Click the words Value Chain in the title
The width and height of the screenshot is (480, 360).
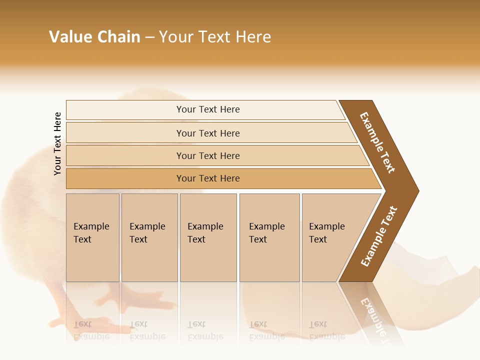click(x=94, y=37)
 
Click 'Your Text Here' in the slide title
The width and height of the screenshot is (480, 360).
click(x=215, y=37)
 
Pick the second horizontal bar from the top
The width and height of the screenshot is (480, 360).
click(x=207, y=133)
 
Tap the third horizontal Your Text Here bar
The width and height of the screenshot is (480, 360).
click(x=207, y=155)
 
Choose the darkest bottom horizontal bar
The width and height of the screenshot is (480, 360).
click(x=207, y=178)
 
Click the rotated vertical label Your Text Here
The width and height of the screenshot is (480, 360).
click(x=57, y=143)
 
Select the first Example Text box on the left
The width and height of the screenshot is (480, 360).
click(x=92, y=237)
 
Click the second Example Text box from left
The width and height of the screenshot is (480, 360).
click(x=149, y=237)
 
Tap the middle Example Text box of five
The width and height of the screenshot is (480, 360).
click(x=208, y=237)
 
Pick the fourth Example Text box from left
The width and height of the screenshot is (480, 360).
click(x=269, y=237)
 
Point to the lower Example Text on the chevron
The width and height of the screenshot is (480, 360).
click(x=379, y=236)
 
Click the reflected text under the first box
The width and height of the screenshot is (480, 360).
click(x=91, y=330)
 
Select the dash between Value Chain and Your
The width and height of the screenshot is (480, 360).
click(x=149, y=37)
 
